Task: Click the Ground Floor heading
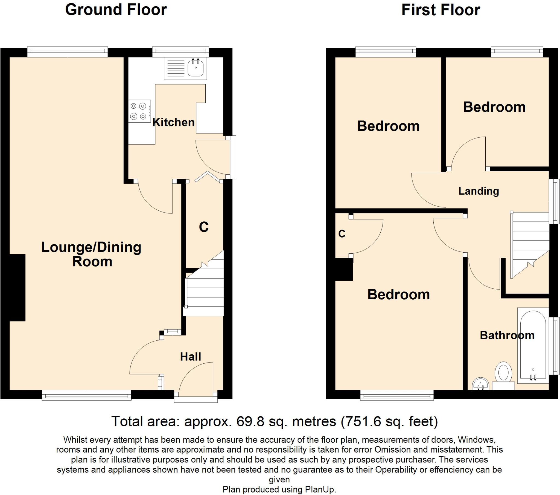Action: click(116, 10)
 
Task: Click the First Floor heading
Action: click(441, 10)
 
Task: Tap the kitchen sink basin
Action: click(195, 68)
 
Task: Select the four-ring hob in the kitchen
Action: click(139, 111)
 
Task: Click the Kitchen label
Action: click(173, 122)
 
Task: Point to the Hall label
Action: click(190, 357)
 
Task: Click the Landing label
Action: click(479, 191)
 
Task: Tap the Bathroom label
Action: click(507, 335)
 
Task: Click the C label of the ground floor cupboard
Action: click(203, 227)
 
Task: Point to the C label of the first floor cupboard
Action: click(342, 234)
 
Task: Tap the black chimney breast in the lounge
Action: click(17, 287)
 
